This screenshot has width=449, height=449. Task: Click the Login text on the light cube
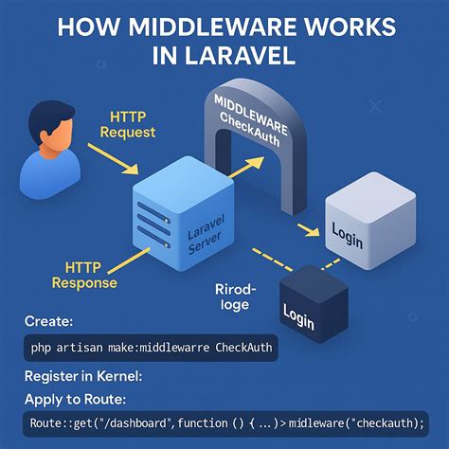coord(348,236)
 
